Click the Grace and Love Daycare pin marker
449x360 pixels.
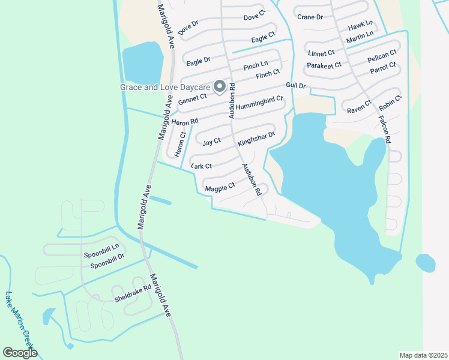220,87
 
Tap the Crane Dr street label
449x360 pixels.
310,18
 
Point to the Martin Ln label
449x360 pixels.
360,38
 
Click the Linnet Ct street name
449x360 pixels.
322,54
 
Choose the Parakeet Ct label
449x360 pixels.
324,65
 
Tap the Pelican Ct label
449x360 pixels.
382,58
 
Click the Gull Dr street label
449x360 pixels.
296,86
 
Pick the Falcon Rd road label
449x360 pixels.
384,129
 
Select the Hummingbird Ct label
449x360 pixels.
259,103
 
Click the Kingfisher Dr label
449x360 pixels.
256,139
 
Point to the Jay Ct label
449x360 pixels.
211,142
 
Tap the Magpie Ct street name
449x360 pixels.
219,188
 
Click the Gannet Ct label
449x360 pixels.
193,97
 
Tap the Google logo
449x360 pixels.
20,353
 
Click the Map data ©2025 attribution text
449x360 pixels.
423,355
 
